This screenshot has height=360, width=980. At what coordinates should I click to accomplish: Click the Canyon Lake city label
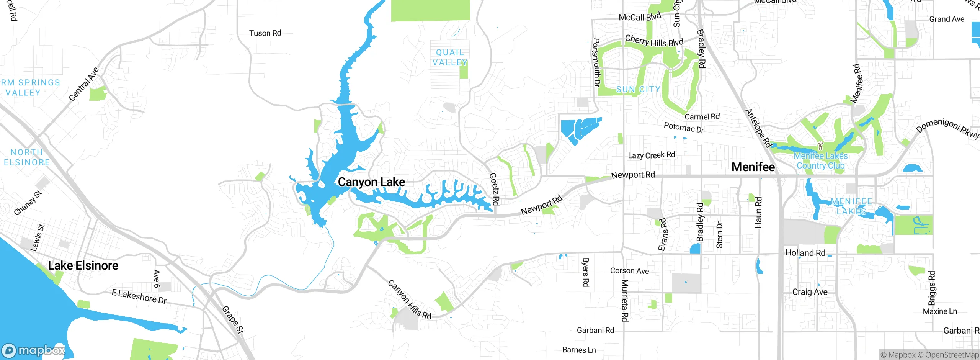point(371,182)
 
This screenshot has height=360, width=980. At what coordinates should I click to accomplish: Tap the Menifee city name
point(753,167)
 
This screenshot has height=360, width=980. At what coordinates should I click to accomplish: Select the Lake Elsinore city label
point(83,265)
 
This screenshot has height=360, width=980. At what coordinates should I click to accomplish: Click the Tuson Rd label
point(265,33)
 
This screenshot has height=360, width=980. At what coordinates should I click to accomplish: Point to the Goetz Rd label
point(494,189)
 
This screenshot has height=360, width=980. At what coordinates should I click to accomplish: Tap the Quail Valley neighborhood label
point(450,57)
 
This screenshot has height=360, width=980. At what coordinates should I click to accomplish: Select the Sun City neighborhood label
point(638,89)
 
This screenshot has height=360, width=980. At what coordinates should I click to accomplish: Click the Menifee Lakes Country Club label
point(820,161)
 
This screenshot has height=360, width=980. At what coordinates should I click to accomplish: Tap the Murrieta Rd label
point(624,300)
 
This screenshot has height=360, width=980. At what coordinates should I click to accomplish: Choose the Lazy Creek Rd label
point(651,155)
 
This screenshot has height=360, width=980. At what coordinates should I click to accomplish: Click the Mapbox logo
point(34,350)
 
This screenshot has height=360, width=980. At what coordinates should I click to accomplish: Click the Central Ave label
point(84,84)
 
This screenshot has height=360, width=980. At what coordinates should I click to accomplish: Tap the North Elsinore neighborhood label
point(27,157)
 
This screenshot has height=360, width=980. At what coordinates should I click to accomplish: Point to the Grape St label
point(232,320)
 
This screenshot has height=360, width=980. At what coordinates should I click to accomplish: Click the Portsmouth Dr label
point(596,62)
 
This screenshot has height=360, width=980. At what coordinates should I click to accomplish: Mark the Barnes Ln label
point(579,350)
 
